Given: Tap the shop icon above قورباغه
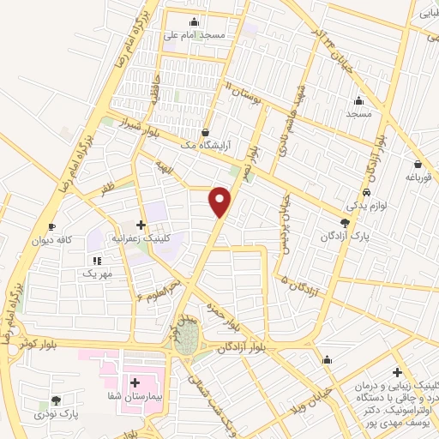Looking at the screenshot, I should click(x=418, y=164).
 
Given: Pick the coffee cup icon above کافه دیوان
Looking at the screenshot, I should click(x=51, y=226).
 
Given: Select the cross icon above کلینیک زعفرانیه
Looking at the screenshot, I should click(x=141, y=225).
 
